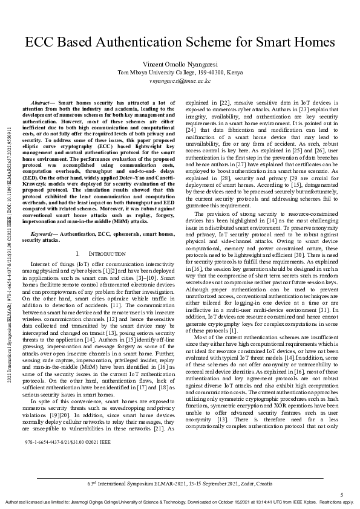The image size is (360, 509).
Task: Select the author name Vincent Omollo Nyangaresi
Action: click(180, 63)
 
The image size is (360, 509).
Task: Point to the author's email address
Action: click(180, 80)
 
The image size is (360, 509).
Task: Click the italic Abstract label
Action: click(42, 105)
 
